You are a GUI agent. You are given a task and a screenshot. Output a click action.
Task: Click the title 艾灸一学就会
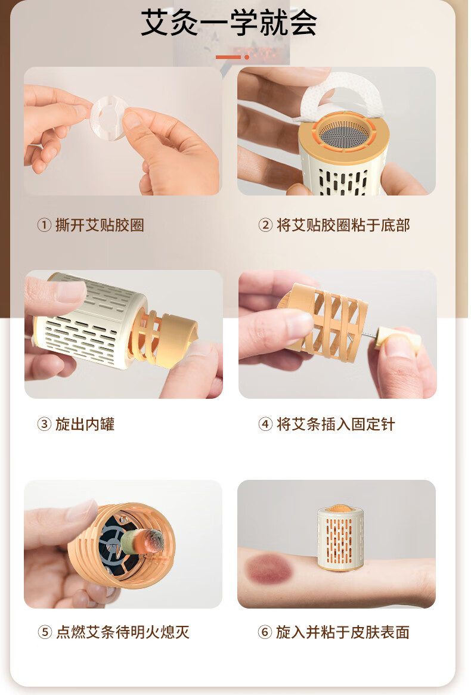[x=229, y=23]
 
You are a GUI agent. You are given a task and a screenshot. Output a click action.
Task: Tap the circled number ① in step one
[x=44, y=225]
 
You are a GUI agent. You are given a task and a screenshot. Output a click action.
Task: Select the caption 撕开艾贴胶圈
[x=100, y=225]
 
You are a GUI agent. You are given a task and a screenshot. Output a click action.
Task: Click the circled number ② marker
[x=265, y=225]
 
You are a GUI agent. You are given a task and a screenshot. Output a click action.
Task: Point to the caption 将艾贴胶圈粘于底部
[x=343, y=225]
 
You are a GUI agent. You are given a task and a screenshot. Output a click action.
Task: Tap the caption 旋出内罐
[x=85, y=424]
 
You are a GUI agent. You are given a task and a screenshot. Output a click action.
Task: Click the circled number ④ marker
[x=265, y=424]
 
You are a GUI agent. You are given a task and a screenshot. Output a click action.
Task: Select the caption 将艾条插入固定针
[x=336, y=424]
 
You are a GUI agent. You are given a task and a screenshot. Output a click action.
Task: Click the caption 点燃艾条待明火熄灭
[x=122, y=632]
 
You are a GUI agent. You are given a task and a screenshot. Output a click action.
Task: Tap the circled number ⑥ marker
[x=265, y=632]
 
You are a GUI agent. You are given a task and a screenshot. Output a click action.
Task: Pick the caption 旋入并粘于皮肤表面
[x=343, y=632]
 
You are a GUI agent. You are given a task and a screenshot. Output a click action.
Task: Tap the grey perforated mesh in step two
[x=345, y=132]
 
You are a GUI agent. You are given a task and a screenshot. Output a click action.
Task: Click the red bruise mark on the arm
[x=269, y=568]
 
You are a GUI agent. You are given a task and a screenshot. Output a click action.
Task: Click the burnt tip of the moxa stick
[x=154, y=540]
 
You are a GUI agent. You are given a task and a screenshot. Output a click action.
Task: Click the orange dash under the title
[x=228, y=57]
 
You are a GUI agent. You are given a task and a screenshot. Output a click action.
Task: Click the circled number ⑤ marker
[x=45, y=632]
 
